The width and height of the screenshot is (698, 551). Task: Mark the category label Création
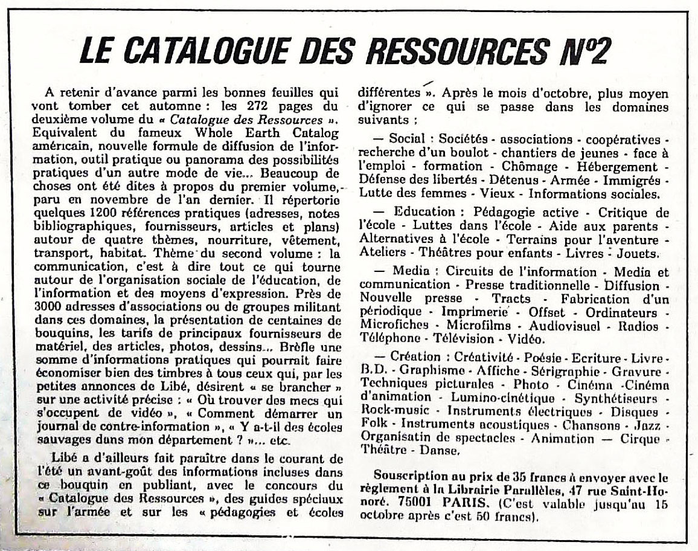pyautogui.click(x=417, y=357)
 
